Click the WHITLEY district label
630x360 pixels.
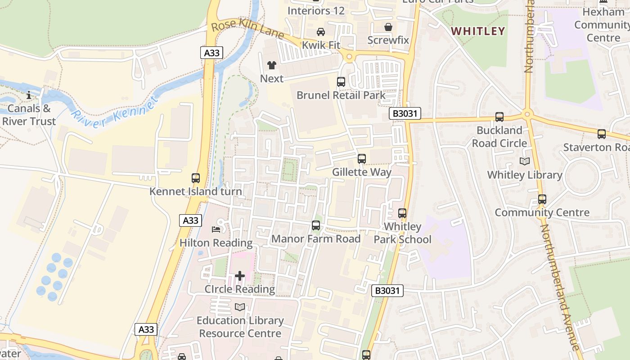click(x=478, y=31)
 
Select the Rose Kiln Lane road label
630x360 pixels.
click(x=247, y=30)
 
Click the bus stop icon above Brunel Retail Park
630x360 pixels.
click(x=341, y=82)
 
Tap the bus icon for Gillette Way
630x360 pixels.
click(x=362, y=159)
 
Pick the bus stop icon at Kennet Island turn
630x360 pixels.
click(x=196, y=178)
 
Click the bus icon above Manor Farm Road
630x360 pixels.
click(x=316, y=225)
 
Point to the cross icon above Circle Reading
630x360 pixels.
click(x=240, y=275)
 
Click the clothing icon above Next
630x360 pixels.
click(x=272, y=65)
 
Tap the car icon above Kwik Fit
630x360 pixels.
click(x=321, y=32)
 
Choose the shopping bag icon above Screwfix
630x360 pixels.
click(x=388, y=27)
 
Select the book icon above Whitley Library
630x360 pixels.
click(x=525, y=161)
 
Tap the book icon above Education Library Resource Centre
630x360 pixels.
click(x=240, y=307)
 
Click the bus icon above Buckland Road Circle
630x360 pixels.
click(x=499, y=117)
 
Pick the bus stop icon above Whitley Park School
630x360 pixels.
click(x=402, y=213)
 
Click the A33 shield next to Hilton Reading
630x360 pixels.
click(x=191, y=220)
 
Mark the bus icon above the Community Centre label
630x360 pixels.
click(x=542, y=199)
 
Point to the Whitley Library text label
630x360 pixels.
click(x=525, y=175)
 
